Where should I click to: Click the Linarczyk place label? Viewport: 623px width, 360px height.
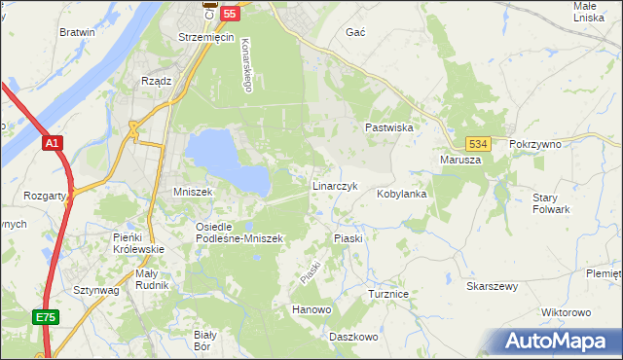(x=336, y=185)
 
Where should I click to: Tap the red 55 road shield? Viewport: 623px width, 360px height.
(x=230, y=13)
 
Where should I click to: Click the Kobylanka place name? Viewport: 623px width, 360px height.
(x=402, y=194)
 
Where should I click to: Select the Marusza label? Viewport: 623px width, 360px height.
(x=460, y=160)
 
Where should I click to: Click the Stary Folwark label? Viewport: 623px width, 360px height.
(x=551, y=203)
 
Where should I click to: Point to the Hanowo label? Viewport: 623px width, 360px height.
(x=311, y=310)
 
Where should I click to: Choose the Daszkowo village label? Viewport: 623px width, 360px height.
(x=352, y=337)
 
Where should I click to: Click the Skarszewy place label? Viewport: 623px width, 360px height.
(x=492, y=287)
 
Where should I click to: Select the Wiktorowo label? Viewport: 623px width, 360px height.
(x=566, y=312)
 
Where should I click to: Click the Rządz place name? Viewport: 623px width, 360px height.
(x=156, y=81)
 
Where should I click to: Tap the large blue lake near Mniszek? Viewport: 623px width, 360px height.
(x=222, y=158)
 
